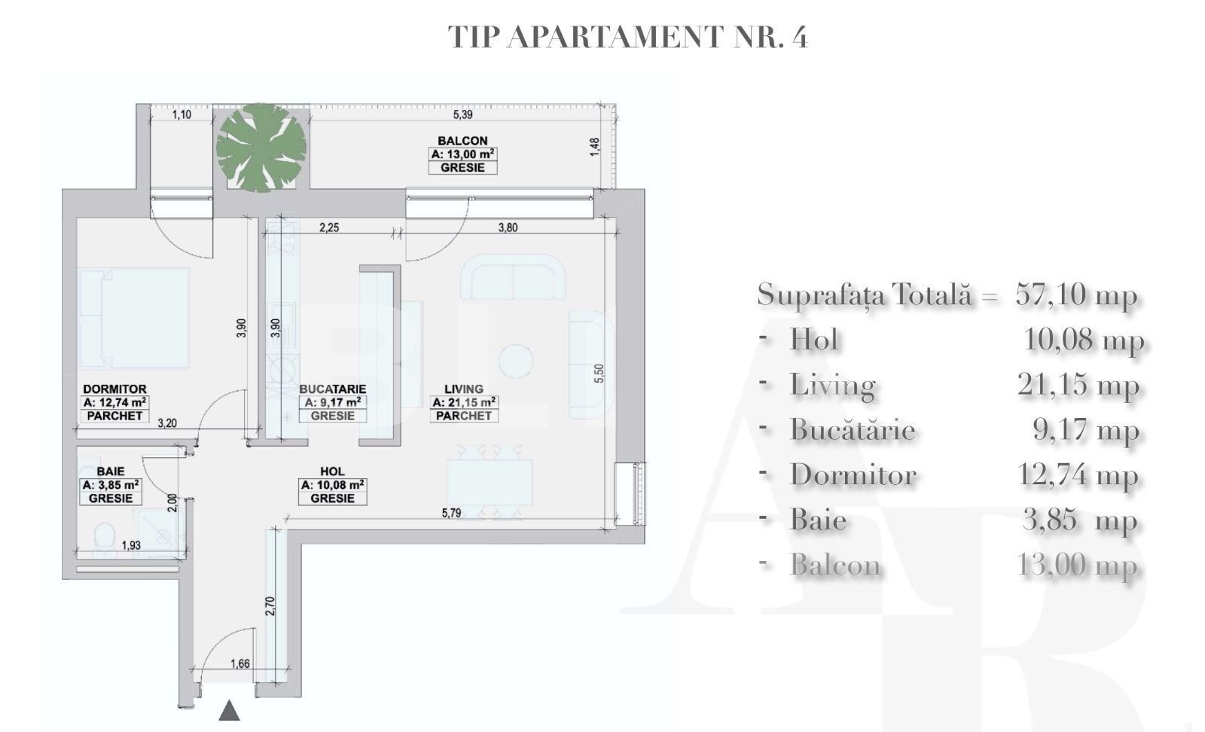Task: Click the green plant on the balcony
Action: coord(261,147)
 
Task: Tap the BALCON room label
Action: coord(462,141)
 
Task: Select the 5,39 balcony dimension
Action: coord(462,114)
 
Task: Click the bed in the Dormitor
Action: coord(134,318)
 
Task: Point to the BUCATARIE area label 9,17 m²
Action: coord(333,403)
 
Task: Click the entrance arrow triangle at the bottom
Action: coord(229,710)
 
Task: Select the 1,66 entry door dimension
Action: coord(240,663)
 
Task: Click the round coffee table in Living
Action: coord(516,361)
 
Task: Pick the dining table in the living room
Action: coord(490,483)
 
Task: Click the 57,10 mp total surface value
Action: coord(1075,294)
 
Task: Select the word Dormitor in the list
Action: coord(853,475)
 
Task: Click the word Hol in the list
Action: coord(813,340)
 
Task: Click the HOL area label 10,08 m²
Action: coord(333,486)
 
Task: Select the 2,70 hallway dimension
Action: coord(270,606)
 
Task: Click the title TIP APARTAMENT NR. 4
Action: coord(627,37)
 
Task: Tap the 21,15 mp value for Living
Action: coord(1077,385)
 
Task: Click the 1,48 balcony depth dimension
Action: coord(595,147)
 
